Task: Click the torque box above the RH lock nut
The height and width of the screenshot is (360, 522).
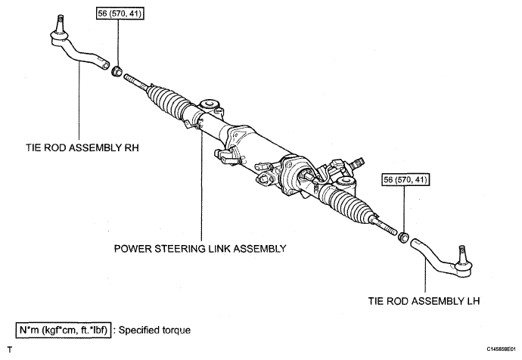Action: pos(120,14)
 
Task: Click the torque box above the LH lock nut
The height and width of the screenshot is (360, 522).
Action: pos(405,180)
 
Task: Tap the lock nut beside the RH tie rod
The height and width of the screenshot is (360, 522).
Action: pos(117,71)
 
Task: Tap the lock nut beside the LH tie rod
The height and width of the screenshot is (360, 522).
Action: pos(404,237)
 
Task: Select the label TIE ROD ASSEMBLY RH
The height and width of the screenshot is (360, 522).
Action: pos(82,147)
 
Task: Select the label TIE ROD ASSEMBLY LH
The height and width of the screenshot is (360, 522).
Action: pos(424,301)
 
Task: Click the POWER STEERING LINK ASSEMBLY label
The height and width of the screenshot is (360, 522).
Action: pos(200,249)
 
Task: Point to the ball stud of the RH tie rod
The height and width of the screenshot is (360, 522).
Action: pos(61,24)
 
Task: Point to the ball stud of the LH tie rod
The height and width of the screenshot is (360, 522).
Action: pos(461,254)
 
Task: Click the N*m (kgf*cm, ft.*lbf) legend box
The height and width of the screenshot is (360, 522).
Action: pos(64,330)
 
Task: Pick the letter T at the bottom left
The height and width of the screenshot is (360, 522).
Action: pos(10,349)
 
